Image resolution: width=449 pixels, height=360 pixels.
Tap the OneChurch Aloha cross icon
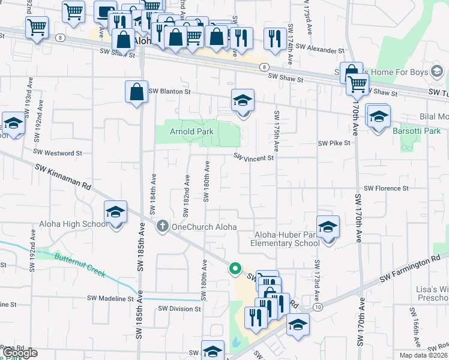(x=161, y=226)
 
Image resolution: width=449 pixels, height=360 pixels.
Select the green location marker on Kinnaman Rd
(x=235, y=269)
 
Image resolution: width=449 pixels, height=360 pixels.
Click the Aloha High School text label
(x=73, y=224)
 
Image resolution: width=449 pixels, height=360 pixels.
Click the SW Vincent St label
(x=253, y=158)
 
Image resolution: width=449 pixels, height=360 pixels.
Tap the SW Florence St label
(x=386, y=188)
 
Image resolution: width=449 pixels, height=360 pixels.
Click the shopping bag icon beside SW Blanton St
(x=136, y=92)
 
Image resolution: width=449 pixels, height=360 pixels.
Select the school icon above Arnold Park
(x=243, y=101)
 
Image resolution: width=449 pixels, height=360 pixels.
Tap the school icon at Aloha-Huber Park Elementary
(x=328, y=227)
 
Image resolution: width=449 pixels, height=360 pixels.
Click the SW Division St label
(x=179, y=308)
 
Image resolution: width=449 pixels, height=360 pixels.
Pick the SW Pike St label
(x=334, y=143)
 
